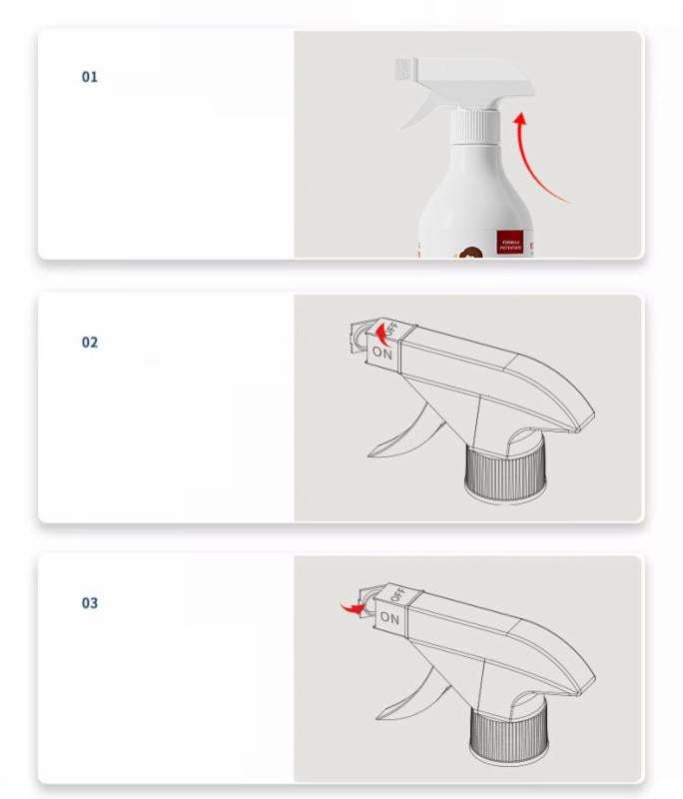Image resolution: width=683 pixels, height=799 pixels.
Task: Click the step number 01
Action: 90,77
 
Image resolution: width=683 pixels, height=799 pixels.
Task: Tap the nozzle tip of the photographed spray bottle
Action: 404,69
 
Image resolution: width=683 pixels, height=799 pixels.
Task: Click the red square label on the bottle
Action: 511,241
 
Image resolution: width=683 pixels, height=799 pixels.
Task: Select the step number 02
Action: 90,343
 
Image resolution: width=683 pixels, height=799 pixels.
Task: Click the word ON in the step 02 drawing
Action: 382,352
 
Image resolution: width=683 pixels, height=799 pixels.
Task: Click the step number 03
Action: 90,603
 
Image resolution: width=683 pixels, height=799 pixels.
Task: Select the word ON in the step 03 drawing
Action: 389,618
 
